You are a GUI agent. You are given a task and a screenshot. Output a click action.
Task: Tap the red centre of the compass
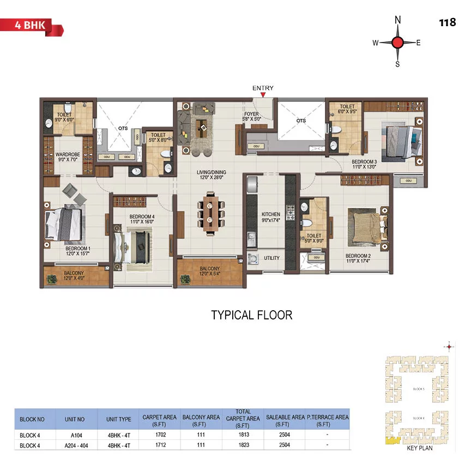click(x=397, y=43)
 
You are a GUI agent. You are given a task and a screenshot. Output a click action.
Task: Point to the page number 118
click(x=447, y=23)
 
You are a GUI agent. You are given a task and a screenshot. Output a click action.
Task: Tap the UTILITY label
click(x=271, y=258)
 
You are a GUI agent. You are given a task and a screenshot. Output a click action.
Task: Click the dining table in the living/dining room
click(x=210, y=213)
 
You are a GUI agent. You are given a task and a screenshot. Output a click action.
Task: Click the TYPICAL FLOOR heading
click(x=252, y=315)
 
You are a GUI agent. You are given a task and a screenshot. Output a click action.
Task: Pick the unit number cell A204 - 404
click(x=76, y=445)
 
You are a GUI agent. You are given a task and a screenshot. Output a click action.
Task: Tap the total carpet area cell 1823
click(x=243, y=445)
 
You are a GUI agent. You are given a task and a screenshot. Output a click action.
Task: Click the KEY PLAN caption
click(x=419, y=449)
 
